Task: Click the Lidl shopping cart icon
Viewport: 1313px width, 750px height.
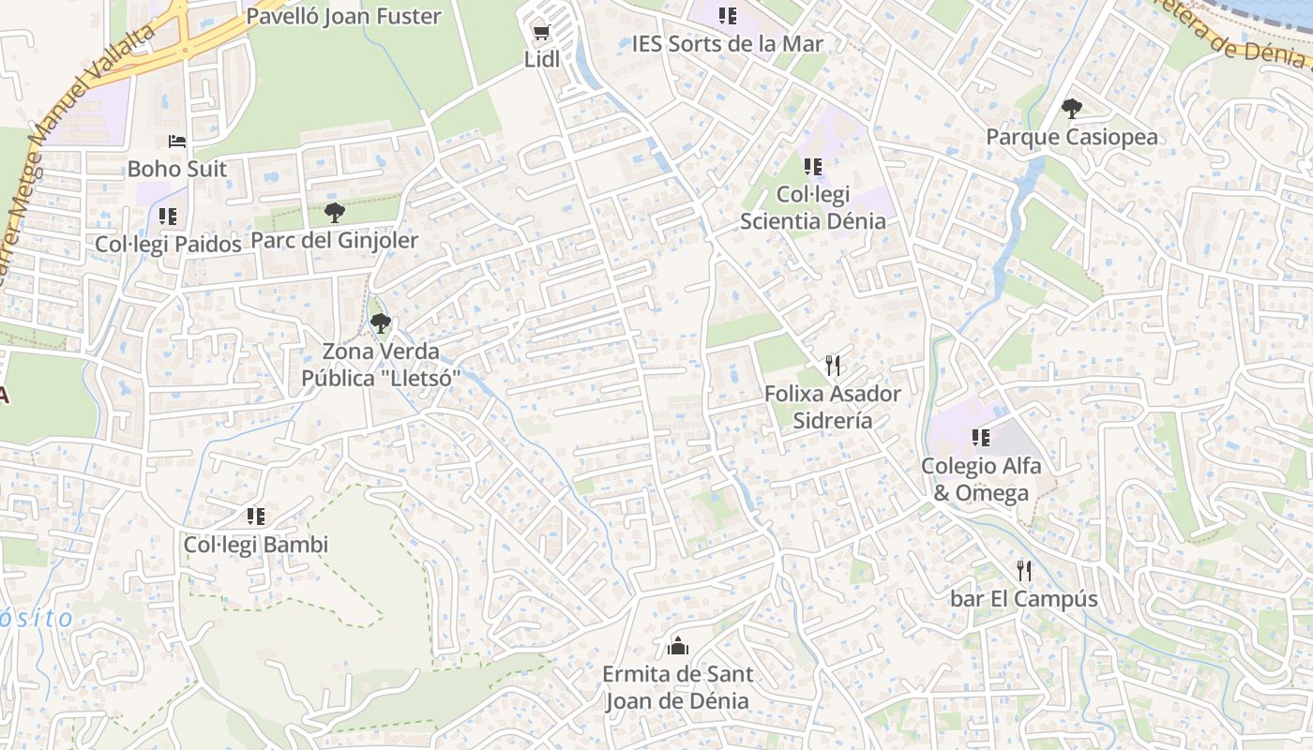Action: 541,34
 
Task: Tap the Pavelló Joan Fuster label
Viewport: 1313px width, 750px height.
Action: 343,16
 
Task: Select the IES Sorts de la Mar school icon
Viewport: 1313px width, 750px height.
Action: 728,16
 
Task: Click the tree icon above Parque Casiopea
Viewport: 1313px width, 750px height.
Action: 1071,109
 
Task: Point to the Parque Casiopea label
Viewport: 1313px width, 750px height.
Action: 1071,138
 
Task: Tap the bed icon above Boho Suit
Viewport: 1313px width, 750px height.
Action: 177,142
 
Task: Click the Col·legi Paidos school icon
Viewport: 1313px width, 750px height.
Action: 168,217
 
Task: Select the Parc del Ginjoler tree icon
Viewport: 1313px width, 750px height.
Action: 334,213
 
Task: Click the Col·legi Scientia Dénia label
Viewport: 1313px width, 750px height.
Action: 813,208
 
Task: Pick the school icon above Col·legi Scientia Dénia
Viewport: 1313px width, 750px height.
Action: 813,167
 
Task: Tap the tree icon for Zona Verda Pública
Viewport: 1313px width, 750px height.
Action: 380,324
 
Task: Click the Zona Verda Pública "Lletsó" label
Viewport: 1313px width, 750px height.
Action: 381,365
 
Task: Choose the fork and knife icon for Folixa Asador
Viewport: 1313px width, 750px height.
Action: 832,365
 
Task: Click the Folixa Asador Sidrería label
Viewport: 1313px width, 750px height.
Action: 833,407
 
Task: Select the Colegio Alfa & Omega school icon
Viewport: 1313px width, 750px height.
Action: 981,437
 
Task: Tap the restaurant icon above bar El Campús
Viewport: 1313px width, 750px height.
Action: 1024,570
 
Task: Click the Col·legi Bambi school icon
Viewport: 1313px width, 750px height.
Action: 256,517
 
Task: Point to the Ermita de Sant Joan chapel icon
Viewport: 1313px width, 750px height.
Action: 677,645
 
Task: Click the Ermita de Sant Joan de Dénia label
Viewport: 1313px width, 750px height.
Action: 677,687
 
